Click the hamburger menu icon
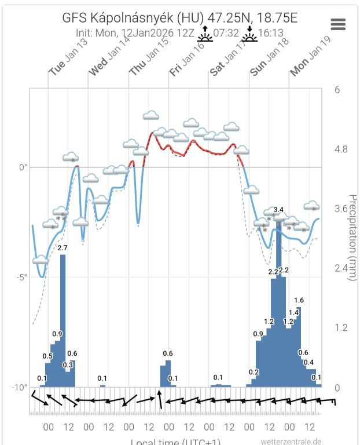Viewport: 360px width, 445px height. coord(338,24)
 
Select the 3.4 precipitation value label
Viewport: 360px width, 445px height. coord(278,209)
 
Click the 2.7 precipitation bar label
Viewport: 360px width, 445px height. coord(63,248)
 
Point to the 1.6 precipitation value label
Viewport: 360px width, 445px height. coord(299,300)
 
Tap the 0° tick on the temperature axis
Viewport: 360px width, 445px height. coord(24,167)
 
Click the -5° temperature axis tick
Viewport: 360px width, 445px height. coord(22,277)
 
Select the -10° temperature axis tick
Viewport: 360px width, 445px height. coord(20,387)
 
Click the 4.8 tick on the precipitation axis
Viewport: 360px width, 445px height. coord(340,149)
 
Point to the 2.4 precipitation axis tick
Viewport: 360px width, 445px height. coord(340,268)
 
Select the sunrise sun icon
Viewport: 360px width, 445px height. coord(205,35)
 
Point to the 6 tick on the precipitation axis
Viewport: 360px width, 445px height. coord(337,90)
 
